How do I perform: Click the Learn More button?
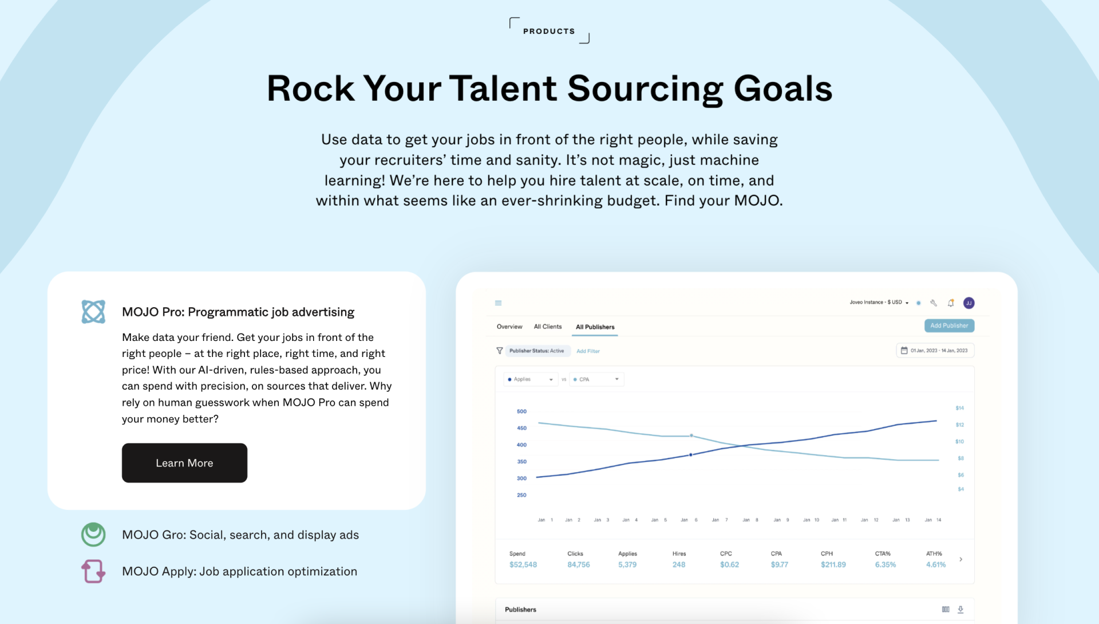(x=184, y=463)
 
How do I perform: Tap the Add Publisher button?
(x=949, y=325)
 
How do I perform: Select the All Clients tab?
(x=548, y=327)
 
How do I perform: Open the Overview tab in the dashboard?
(x=509, y=327)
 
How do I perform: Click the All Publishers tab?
(x=595, y=327)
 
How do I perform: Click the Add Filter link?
(x=588, y=351)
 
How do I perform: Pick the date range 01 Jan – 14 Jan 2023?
(x=935, y=351)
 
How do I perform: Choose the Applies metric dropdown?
(x=531, y=379)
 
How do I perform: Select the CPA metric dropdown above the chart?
(x=596, y=379)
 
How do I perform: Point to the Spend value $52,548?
(x=523, y=565)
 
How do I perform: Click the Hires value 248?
(x=679, y=565)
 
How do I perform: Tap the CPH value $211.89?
(x=833, y=565)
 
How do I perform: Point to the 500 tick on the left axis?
(x=521, y=411)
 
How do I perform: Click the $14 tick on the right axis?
(x=960, y=408)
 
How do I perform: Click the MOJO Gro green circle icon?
(x=93, y=535)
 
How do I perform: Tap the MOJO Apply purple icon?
(x=93, y=571)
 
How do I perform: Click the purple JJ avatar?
(x=969, y=303)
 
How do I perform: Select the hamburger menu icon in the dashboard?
(x=499, y=303)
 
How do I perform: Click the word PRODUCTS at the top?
(x=549, y=32)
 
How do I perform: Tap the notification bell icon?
(x=951, y=303)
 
